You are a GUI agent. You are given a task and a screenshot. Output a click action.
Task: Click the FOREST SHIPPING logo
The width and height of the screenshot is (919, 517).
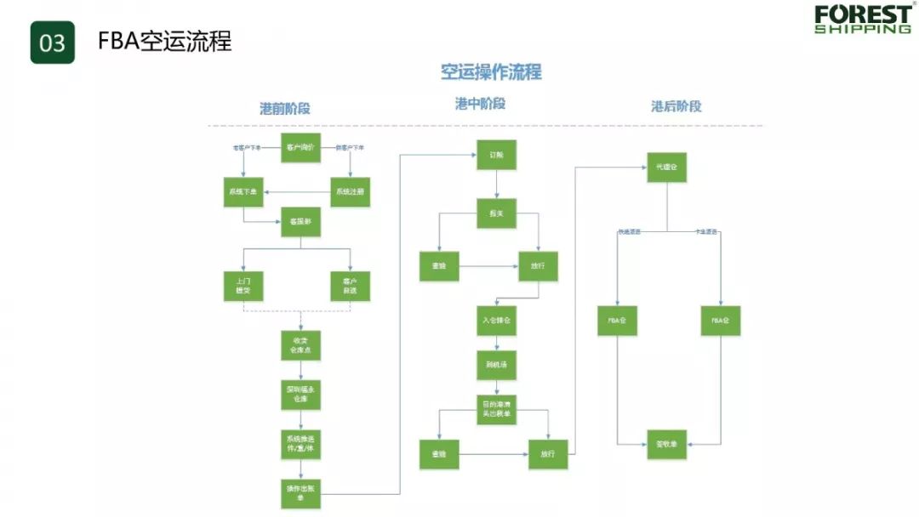point(862,19)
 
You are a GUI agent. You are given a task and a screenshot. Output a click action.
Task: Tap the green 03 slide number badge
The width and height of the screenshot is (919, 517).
point(53,42)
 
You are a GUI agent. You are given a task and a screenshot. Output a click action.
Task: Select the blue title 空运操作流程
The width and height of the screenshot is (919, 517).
point(491,72)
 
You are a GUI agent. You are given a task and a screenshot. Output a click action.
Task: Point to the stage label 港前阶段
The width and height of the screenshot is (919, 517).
point(285,108)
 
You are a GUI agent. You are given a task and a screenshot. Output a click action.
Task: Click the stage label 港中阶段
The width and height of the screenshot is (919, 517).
point(480,104)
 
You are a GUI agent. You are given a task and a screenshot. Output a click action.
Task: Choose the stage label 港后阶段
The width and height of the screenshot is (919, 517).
point(676,106)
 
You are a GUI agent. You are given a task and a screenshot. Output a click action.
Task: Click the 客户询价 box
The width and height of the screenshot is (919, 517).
point(300,147)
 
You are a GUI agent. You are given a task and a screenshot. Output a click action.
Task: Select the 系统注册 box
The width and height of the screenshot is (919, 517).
point(350,192)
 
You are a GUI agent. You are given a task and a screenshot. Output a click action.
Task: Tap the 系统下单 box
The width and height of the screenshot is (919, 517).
point(243,192)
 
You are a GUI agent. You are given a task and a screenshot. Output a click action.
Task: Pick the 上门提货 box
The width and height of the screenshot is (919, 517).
point(243,285)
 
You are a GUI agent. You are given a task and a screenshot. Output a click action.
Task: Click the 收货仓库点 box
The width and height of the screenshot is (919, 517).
point(301,345)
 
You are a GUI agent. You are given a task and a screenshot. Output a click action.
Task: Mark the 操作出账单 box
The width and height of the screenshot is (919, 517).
point(301,493)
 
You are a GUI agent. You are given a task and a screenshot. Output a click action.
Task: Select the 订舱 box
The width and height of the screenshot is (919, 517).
point(497,156)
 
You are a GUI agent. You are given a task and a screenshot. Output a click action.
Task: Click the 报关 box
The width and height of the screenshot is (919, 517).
point(497,213)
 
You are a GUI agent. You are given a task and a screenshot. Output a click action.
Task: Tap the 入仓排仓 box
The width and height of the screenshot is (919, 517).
point(496,321)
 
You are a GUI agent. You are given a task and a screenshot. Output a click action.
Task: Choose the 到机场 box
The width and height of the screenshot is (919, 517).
point(496,365)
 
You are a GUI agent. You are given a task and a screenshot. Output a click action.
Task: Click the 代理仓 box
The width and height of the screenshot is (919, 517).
point(666,168)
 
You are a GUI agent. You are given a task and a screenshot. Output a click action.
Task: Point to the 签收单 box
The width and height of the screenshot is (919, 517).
point(666,444)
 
